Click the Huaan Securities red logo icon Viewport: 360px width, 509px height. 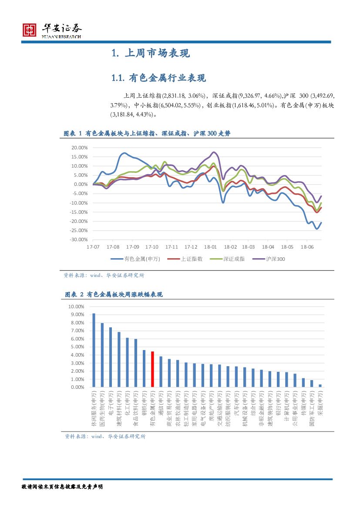(x=30, y=30)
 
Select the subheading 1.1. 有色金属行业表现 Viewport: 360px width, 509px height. (x=158, y=78)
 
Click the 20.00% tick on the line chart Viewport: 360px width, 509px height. (x=80, y=148)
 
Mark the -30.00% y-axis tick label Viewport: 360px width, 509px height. (x=79, y=240)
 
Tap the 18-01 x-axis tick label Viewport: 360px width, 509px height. (x=210, y=246)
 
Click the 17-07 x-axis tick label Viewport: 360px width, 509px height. (x=93, y=246)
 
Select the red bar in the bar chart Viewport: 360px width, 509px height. (x=153, y=369)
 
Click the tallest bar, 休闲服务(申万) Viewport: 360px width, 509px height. (x=94, y=350)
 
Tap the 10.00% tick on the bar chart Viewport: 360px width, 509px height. (x=77, y=307)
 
